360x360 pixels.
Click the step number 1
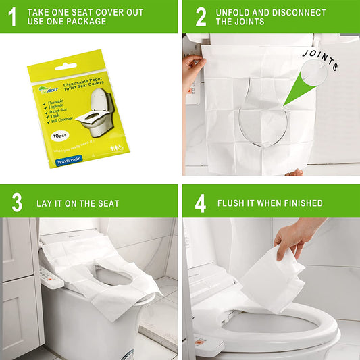point(12,16)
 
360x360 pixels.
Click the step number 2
point(201,17)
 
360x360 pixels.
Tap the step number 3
point(16,203)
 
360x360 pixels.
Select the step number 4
point(201,203)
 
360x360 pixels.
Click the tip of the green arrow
point(285,105)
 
